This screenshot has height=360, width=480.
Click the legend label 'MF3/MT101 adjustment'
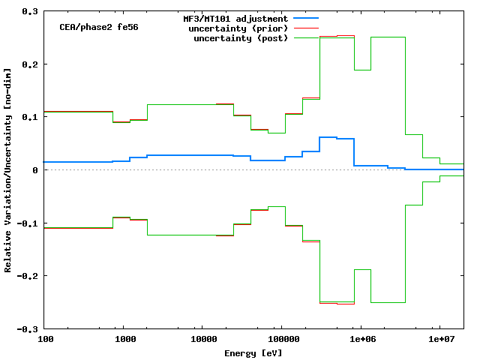(235, 18)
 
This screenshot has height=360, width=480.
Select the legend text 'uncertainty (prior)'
(241, 28)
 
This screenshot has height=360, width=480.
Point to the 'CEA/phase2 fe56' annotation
(98, 27)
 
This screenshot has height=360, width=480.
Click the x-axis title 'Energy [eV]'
(253, 352)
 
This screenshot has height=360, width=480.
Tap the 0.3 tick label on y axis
(30, 12)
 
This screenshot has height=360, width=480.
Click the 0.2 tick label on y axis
(30, 64)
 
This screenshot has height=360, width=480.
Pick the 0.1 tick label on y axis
(30, 118)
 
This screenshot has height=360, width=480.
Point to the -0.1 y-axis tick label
(28, 223)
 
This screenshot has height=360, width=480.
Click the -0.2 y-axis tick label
(28, 276)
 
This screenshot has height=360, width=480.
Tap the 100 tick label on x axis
(45, 340)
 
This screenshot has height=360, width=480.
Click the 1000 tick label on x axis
(124, 340)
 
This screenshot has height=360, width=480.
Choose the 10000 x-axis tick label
(203, 340)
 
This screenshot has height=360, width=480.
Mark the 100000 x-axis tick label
(282, 340)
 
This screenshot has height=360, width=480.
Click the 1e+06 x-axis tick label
(361, 340)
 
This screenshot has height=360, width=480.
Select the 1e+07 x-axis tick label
(439, 340)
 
